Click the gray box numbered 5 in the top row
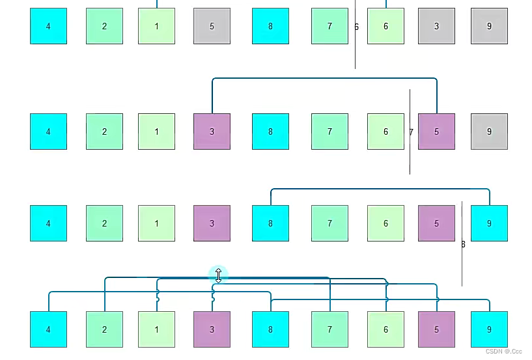pyautogui.click(x=212, y=26)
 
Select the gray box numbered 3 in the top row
pyautogui.click(x=436, y=26)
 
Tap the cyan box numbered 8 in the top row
pyautogui.click(x=270, y=26)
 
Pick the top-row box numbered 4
pyautogui.click(x=48, y=26)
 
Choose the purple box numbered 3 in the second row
pyautogui.click(x=212, y=132)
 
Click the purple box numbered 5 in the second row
pyautogui.click(x=436, y=132)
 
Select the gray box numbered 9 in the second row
pyautogui.click(x=489, y=132)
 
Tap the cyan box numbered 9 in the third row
pyautogui.click(x=489, y=223)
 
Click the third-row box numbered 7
pyautogui.click(x=329, y=223)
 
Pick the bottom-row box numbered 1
pyautogui.click(x=156, y=329)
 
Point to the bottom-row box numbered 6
pyautogui.click(x=385, y=329)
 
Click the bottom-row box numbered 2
pyautogui.click(x=104, y=329)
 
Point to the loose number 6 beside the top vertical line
pyautogui.click(x=356, y=27)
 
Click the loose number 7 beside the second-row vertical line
pyautogui.click(x=411, y=132)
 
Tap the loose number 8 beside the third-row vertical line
pyautogui.click(x=463, y=245)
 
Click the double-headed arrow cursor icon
pyautogui.click(x=218, y=275)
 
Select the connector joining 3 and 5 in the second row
pyautogui.click(x=324, y=79)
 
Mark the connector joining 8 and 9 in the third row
pyautogui.click(x=380, y=189)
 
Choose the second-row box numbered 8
pyautogui.click(x=270, y=132)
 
